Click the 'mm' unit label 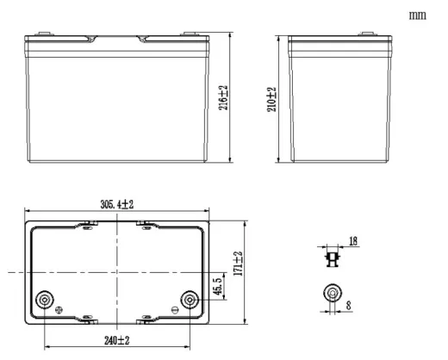[418, 16]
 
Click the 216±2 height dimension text [223, 97]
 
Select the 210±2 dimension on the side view [271, 99]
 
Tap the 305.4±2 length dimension [117, 205]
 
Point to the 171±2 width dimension [238, 264]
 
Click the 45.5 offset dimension [218, 286]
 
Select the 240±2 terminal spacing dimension [117, 340]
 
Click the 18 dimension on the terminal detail [353, 241]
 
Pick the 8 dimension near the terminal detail [349, 305]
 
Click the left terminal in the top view [45, 300]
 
